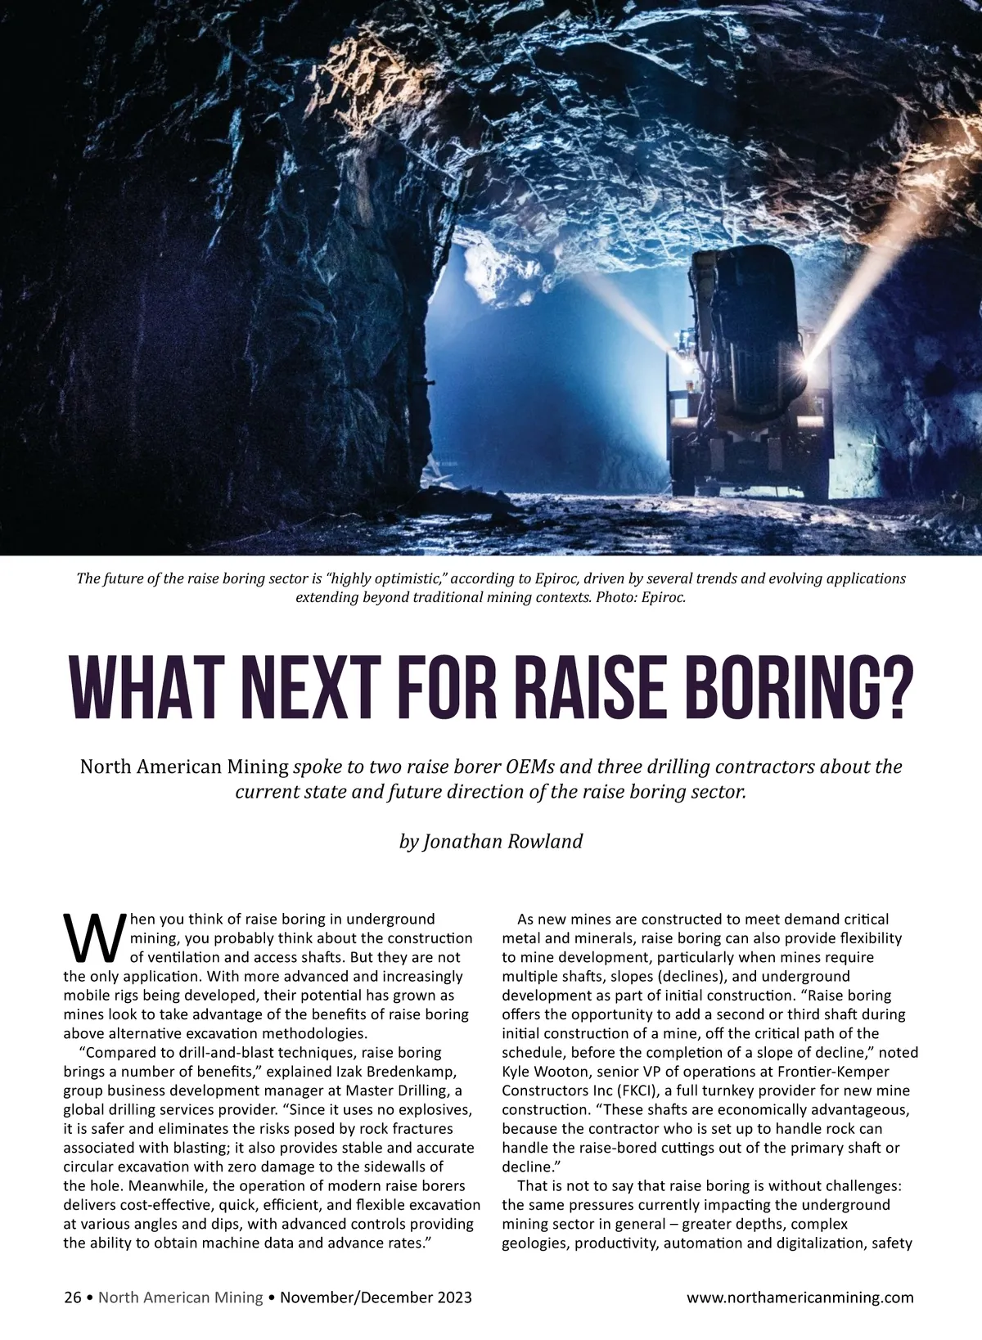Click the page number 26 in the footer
coord(72,1297)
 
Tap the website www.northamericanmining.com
coord(800,1297)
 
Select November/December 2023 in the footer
coord(376,1297)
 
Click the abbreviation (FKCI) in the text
coord(633,1090)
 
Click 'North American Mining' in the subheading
coord(184,767)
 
